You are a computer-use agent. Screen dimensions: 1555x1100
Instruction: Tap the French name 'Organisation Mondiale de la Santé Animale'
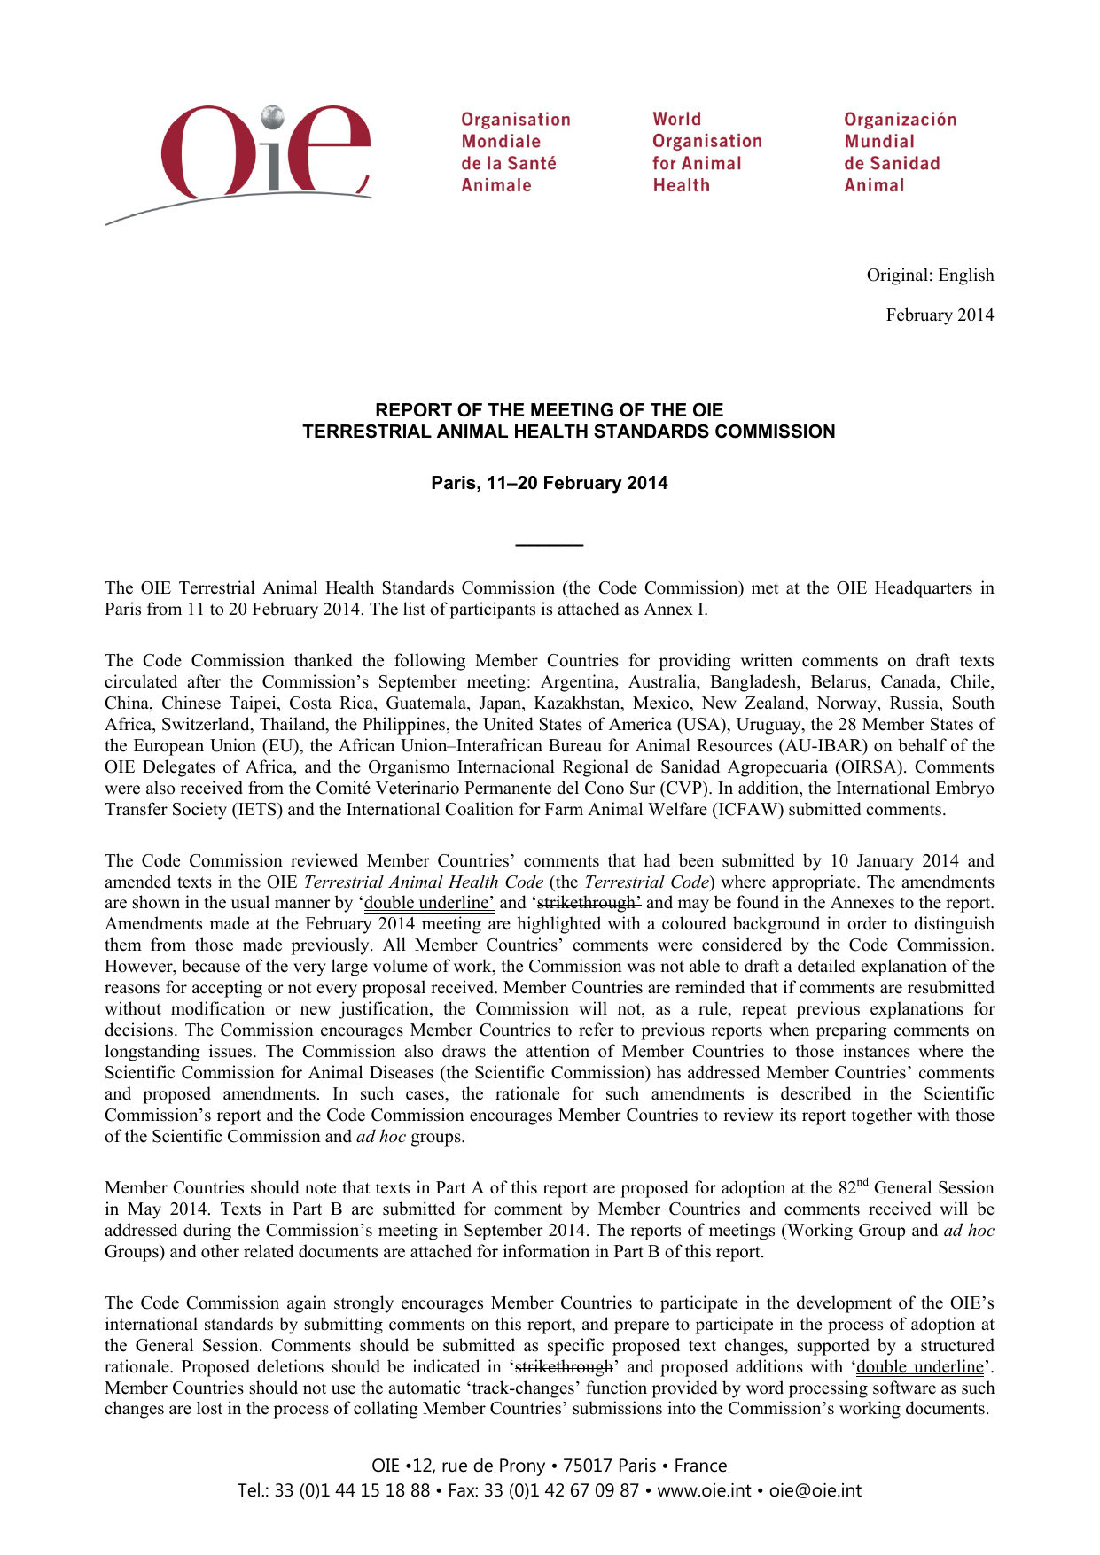click(x=515, y=152)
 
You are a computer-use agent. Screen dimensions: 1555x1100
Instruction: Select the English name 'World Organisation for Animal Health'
click(x=706, y=152)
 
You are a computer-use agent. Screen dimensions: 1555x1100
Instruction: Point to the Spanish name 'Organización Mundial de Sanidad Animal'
click(x=900, y=152)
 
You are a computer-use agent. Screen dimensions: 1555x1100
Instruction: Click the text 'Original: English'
click(x=930, y=276)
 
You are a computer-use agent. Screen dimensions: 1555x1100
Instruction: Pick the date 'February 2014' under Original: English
click(x=940, y=315)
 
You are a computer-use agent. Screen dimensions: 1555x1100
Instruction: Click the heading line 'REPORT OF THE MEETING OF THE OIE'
click(x=549, y=410)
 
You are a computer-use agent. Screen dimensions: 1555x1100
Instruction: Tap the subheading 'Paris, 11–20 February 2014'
click(x=549, y=483)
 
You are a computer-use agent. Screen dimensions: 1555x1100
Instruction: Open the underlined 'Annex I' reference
click(x=674, y=610)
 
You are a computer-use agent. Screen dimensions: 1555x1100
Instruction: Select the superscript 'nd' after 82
click(x=862, y=1182)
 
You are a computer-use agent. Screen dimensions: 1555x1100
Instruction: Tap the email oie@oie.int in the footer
click(x=815, y=1490)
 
